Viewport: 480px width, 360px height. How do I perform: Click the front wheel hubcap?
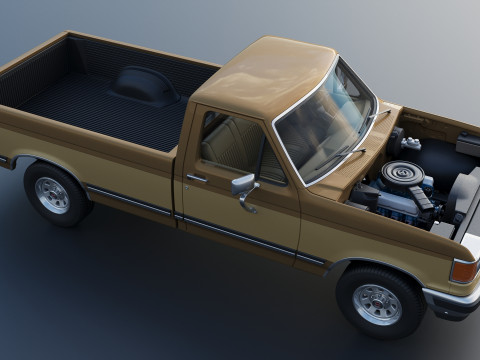(x=378, y=305)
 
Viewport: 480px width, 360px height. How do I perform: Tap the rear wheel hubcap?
(x=52, y=194)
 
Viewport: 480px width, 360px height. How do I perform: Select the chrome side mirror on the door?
(x=243, y=185)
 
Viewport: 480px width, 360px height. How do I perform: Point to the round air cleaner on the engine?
(x=401, y=175)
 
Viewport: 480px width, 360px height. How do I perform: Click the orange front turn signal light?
(x=463, y=271)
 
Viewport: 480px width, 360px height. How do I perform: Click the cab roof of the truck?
(x=262, y=75)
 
